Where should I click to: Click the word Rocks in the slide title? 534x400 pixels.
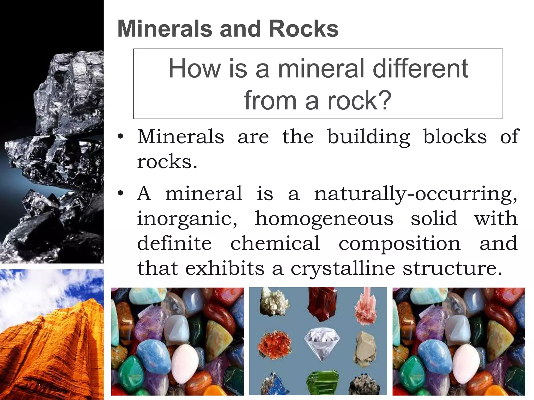coord(304,29)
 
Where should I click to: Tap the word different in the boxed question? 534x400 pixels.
coord(420,69)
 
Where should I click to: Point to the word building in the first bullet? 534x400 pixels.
coord(369,137)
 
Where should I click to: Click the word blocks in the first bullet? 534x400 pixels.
coord(455,136)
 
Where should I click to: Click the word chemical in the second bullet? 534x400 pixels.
coord(275,243)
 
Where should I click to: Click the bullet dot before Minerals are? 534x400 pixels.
coord(120,137)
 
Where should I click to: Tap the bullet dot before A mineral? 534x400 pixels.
coord(120,194)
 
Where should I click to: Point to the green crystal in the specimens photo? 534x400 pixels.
coord(320,384)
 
